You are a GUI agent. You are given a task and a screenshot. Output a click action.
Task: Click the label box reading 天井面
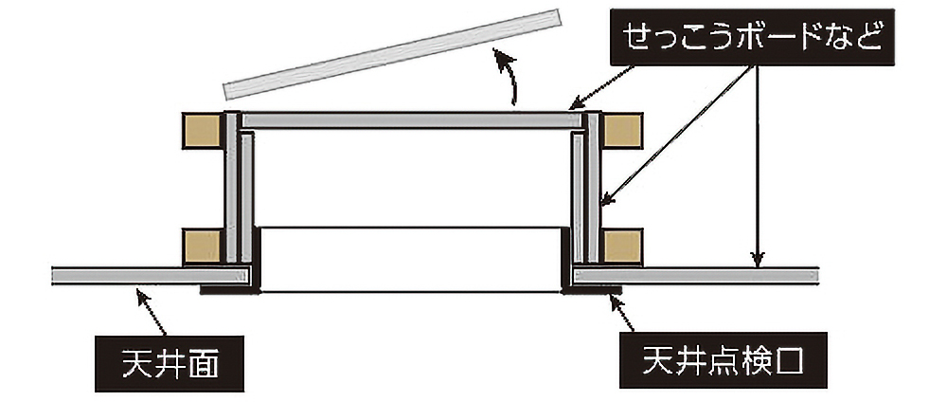click(x=170, y=364)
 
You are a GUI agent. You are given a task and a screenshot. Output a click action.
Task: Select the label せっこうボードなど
click(x=752, y=38)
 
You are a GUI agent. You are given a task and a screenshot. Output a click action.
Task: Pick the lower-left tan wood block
click(x=202, y=247)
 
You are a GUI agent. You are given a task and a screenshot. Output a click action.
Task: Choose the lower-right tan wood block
click(x=622, y=247)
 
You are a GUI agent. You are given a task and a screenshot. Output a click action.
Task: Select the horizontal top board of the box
click(x=412, y=120)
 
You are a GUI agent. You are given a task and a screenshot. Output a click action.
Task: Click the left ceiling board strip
click(x=151, y=276)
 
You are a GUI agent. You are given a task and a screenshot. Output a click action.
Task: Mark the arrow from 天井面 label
click(x=151, y=312)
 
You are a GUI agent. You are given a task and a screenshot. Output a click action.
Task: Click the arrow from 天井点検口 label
click(x=622, y=313)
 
